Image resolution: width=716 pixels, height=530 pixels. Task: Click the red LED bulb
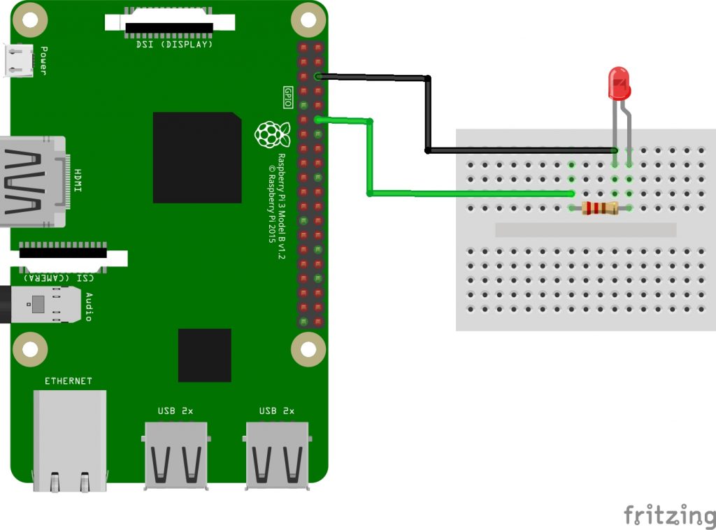pyautogui.click(x=619, y=83)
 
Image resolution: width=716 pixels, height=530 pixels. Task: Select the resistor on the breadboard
pyautogui.click(x=600, y=208)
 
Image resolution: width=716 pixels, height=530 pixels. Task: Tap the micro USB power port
pyautogui.click(x=19, y=60)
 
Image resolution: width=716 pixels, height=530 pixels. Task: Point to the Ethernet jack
pyautogui.click(x=70, y=437)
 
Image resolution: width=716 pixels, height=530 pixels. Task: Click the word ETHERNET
pyautogui.click(x=69, y=381)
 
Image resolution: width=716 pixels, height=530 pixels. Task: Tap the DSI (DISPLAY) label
pyautogui.click(x=175, y=44)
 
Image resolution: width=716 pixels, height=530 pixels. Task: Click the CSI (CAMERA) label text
pyautogui.click(x=55, y=278)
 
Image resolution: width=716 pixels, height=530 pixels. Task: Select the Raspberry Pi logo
pyautogui.click(x=272, y=134)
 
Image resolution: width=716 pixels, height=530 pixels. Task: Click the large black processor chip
pyautogui.click(x=197, y=157)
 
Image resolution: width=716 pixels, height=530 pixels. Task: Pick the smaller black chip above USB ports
pyautogui.click(x=204, y=355)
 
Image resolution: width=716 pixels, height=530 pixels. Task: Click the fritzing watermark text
pyautogui.click(x=668, y=515)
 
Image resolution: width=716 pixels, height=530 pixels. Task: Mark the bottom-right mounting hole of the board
pyautogui.click(x=308, y=348)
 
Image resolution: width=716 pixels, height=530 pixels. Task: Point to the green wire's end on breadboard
pyautogui.click(x=572, y=194)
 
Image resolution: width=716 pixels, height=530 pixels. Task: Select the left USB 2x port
pyautogui.click(x=176, y=454)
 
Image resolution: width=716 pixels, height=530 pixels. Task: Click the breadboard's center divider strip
pyautogui.click(x=585, y=229)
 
